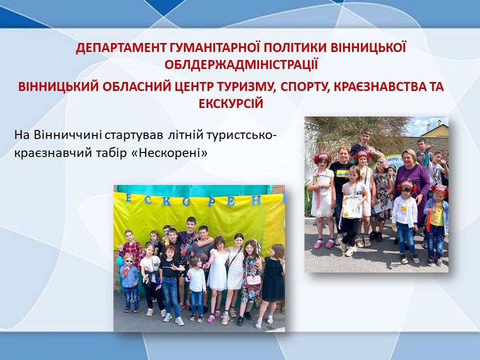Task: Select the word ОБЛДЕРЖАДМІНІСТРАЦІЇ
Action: click(x=241, y=64)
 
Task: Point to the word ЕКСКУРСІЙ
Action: click(x=231, y=104)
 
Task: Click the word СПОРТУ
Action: click(x=304, y=87)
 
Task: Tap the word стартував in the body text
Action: click(x=134, y=135)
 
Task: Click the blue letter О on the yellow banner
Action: click(x=185, y=202)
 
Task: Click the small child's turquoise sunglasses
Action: click(x=129, y=260)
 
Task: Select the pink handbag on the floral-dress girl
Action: click(x=253, y=279)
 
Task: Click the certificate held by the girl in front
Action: click(x=351, y=206)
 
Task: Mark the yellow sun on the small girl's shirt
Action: click(x=404, y=209)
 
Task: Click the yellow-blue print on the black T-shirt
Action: click(x=341, y=173)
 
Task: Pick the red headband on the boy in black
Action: click(x=170, y=246)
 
